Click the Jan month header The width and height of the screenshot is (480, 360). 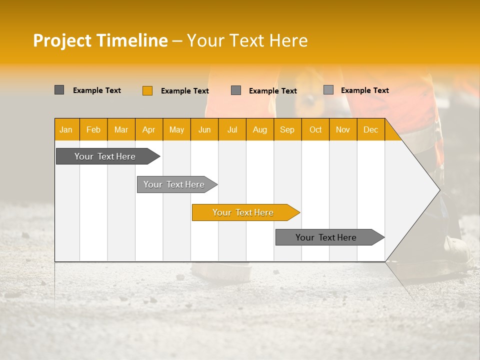coord(66,129)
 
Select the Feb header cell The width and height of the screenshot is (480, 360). coord(93,129)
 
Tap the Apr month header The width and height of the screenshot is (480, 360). coord(148,129)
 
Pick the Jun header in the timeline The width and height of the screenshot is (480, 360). coord(204,129)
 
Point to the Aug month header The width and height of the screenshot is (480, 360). coord(259,129)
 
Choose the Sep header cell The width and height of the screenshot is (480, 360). coord(287,129)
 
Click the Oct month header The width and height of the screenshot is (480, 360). coord(315,129)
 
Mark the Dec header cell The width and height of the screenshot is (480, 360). coord(370,129)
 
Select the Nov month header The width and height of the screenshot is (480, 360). coord(342,129)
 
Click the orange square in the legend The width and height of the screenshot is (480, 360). coord(147,90)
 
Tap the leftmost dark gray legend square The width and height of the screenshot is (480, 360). coord(59,90)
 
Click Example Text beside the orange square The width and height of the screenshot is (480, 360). coord(184,91)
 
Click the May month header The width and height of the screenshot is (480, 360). coord(176,129)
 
